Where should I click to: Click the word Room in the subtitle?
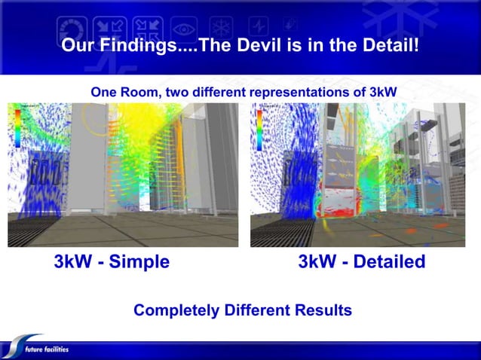pos(136,92)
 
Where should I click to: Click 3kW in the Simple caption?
pos(72,263)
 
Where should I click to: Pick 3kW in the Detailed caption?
pos(317,263)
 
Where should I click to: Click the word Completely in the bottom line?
pos(176,310)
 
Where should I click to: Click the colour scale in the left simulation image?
pos(17,126)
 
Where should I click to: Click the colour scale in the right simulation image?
pos(259,128)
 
